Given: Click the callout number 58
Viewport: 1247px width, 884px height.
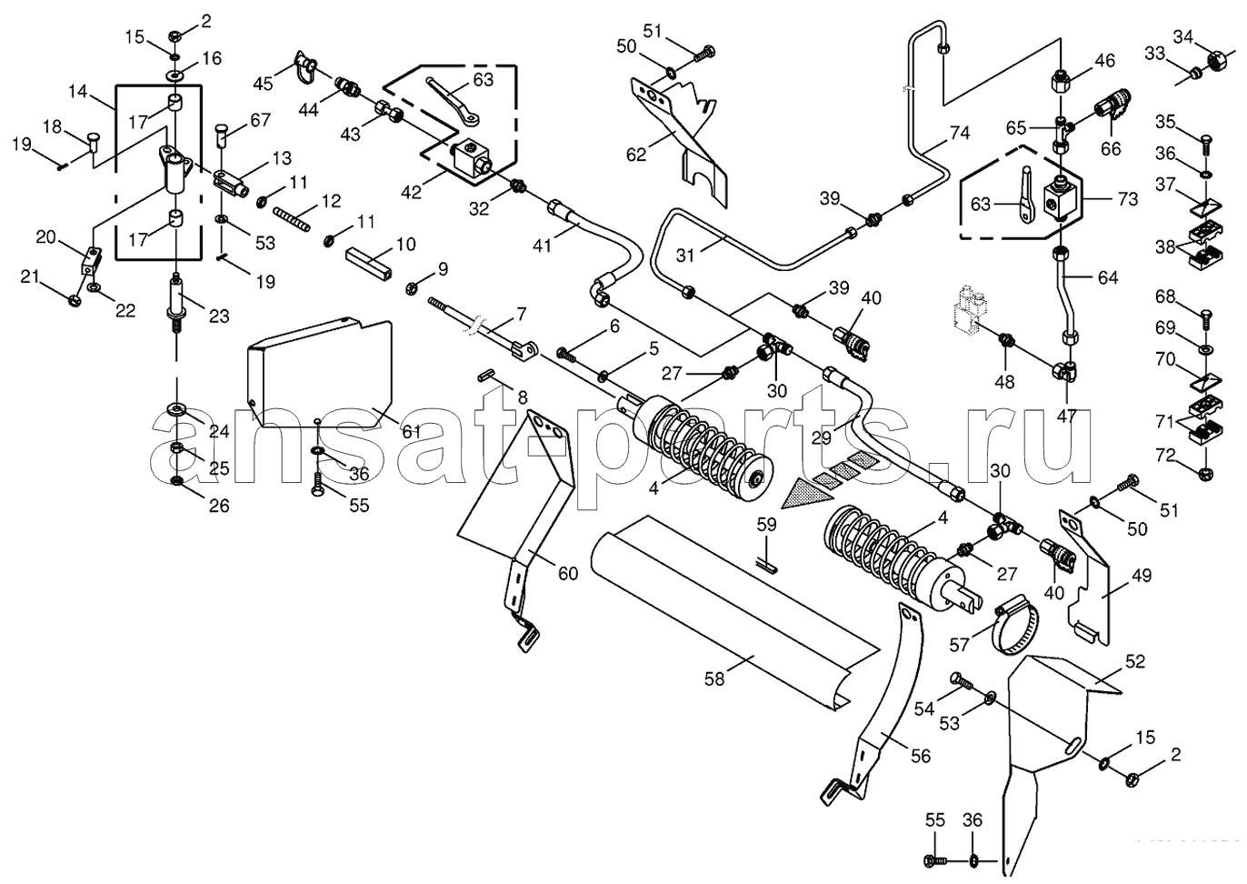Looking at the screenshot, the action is (714, 679).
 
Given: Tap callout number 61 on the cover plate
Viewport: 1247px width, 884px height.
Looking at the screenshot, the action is (412, 432).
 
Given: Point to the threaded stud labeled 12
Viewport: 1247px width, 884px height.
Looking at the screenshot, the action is (291, 219).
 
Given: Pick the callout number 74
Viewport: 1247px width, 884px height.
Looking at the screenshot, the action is (961, 133).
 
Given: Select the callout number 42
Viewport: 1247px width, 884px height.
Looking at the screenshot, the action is (412, 192).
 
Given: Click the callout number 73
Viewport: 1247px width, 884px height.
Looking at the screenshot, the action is (1128, 199).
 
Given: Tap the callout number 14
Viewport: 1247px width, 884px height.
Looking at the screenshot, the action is (78, 91).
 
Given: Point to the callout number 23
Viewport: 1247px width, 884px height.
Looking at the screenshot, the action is (219, 316).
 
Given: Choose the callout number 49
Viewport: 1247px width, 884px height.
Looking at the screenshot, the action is (1142, 576).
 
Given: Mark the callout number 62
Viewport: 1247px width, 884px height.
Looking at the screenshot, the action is (636, 155).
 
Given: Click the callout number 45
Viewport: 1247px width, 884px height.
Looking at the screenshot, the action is (264, 84).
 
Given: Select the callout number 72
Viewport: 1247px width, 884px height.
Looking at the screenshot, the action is (1165, 456).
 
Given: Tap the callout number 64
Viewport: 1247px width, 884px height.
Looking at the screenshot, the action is (1108, 277).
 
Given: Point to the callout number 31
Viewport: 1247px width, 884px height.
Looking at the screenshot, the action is (685, 256).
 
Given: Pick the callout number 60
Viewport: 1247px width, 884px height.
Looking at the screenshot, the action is (568, 573).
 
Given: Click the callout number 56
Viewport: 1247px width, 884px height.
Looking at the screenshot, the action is (920, 756).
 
